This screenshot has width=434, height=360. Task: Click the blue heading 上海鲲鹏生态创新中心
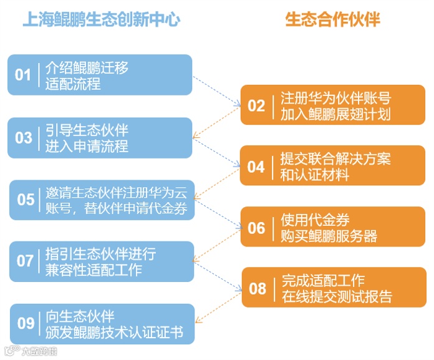click(101, 20)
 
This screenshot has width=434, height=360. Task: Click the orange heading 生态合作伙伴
click(332, 20)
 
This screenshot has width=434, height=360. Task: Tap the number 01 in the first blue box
click(23, 75)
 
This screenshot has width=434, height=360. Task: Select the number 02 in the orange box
click(256, 105)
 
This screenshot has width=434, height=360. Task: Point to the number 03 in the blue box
click(23, 137)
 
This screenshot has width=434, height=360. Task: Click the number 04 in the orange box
click(256, 167)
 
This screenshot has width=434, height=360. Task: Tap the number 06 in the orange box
click(256, 228)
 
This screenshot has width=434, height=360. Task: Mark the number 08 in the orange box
click(257, 288)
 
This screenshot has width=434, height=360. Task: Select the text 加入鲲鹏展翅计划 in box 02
click(335, 114)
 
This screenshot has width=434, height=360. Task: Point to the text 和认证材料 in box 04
click(314, 175)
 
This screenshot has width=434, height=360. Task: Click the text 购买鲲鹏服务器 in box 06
click(329, 236)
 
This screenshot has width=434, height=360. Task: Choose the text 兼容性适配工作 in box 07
click(94, 270)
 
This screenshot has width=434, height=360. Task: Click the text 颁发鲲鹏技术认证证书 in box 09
click(114, 332)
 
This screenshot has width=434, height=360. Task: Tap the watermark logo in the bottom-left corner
click(31, 351)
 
